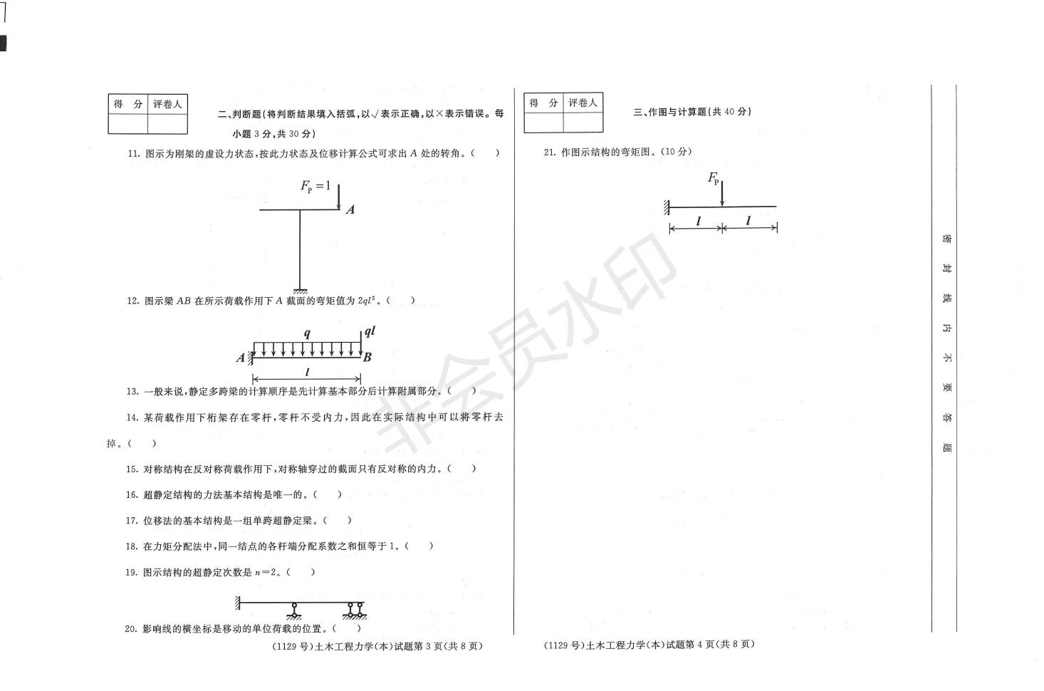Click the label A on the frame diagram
pyautogui.click(x=350, y=209)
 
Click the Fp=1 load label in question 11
pyautogui.click(x=315, y=187)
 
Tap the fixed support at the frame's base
pyautogui.click(x=300, y=289)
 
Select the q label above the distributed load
pyautogui.click(x=306, y=333)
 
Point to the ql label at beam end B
pyautogui.click(x=370, y=331)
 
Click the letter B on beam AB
pyautogui.click(x=367, y=358)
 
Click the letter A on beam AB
pyautogui.click(x=240, y=358)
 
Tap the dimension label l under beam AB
pyautogui.click(x=307, y=373)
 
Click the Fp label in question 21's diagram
pyautogui.click(x=713, y=178)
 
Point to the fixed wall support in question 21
pyautogui.click(x=667, y=207)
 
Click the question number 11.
pyautogui.click(x=132, y=153)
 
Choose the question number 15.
pyautogui.click(x=132, y=469)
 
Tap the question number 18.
pyautogui.click(x=132, y=546)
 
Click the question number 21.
pyautogui.click(x=549, y=152)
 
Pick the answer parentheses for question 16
pyautogui.click(x=327, y=494)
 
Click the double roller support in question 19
pyautogui.click(x=355, y=609)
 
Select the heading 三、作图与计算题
pyautogui.click(x=691, y=112)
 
